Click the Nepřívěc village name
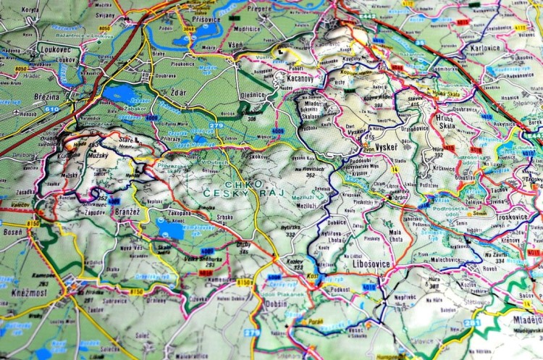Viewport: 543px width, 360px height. (405, 297)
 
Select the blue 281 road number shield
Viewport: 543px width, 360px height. (472, 323)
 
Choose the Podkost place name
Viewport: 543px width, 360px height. (339, 289)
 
